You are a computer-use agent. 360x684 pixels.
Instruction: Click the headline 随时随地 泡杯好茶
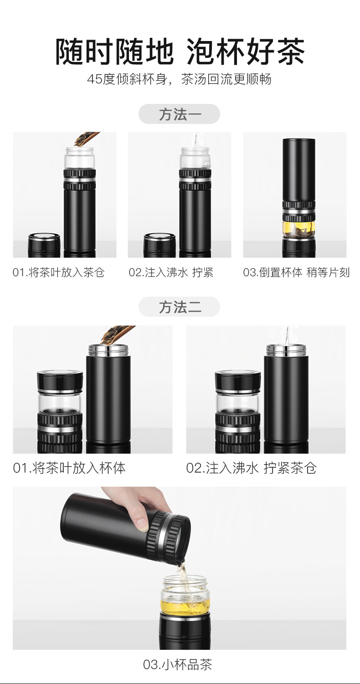(180, 51)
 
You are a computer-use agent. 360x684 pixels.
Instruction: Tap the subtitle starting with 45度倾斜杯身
(179, 79)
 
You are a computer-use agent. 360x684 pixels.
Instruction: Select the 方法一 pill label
(180, 114)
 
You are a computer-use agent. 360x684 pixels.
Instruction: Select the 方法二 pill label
(180, 307)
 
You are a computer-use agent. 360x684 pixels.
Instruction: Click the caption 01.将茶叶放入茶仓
(59, 273)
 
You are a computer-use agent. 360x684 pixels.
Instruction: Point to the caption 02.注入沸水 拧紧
(171, 273)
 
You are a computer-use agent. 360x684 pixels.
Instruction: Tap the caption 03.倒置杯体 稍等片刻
(296, 273)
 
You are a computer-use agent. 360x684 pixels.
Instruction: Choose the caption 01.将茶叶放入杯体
(69, 468)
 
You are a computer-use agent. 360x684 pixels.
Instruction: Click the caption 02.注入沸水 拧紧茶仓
(251, 468)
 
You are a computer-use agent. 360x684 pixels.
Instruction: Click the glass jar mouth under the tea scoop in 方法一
(79, 150)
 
